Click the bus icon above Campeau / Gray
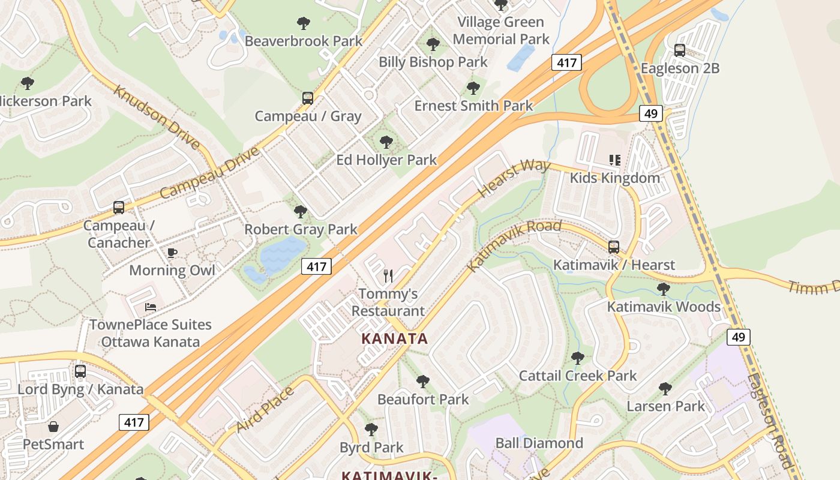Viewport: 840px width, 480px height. (x=307, y=98)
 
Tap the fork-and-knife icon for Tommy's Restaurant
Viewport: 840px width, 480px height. (x=388, y=276)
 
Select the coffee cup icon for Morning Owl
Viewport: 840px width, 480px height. (x=172, y=253)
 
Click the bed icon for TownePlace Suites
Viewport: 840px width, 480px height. (x=151, y=307)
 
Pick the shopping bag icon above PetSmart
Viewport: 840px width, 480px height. (x=53, y=427)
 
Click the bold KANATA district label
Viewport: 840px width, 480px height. (x=395, y=339)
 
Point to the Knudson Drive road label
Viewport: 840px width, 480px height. (x=157, y=118)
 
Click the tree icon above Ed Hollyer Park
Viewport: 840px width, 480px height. (x=386, y=142)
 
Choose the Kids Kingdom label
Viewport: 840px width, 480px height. (x=614, y=178)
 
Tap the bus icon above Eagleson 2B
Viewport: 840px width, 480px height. (x=679, y=50)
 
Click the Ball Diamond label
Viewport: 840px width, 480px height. (x=539, y=443)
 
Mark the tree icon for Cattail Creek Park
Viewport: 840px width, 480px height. (x=578, y=358)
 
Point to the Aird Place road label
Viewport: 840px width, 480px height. (x=265, y=410)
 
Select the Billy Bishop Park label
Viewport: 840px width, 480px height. (x=433, y=62)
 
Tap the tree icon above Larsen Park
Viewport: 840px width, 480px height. (x=665, y=389)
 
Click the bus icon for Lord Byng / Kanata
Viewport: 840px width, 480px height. (x=80, y=371)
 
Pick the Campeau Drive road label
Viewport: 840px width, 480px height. (x=210, y=172)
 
